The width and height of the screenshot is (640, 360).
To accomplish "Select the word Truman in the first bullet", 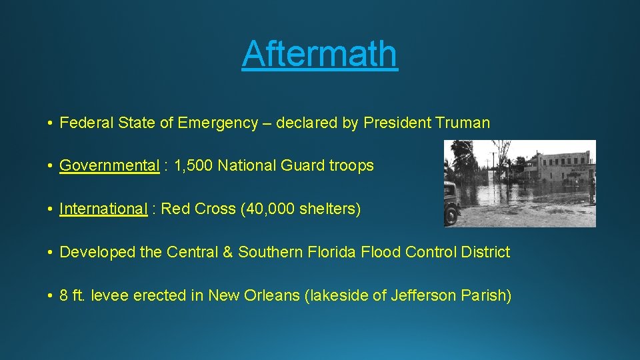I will [x=463, y=123].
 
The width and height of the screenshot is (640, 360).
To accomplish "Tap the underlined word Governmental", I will [x=109, y=166].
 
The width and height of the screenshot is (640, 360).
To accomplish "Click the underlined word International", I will [x=103, y=209].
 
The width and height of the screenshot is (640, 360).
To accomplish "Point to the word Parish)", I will [x=486, y=295].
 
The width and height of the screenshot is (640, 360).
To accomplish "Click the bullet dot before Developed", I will [x=51, y=253].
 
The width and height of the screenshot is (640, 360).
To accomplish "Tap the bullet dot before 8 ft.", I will [x=51, y=296].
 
